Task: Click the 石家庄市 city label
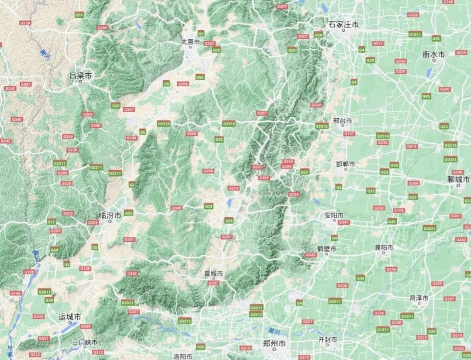pyautogui.click(x=344, y=24)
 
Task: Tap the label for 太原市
pyautogui.click(x=190, y=42)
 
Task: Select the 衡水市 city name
pyautogui.click(x=433, y=55)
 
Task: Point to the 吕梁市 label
pyautogui.click(x=81, y=76)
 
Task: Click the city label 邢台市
pyautogui.click(x=342, y=120)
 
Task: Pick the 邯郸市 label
pyautogui.click(x=345, y=164)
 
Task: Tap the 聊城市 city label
pyautogui.click(x=459, y=179)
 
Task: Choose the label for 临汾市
pyautogui.click(x=110, y=215)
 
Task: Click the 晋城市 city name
pyautogui.click(x=213, y=274)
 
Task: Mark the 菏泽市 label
pyautogui.click(x=419, y=298)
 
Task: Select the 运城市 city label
pyautogui.click(x=70, y=317)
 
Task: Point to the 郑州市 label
pyautogui.click(x=275, y=343)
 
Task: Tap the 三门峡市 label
pyautogui.click(x=85, y=342)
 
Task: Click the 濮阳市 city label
pyautogui.click(x=384, y=247)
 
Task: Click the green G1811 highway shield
pyautogui.click(x=415, y=34)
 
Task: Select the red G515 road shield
pyautogui.click(x=378, y=43)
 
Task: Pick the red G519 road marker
pyautogui.click(x=234, y=188)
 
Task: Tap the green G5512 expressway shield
pyautogui.click(x=256, y=314)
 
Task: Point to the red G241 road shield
pyautogui.click(x=129, y=239)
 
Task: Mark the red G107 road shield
pyautogui.click(x=349, y=134)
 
